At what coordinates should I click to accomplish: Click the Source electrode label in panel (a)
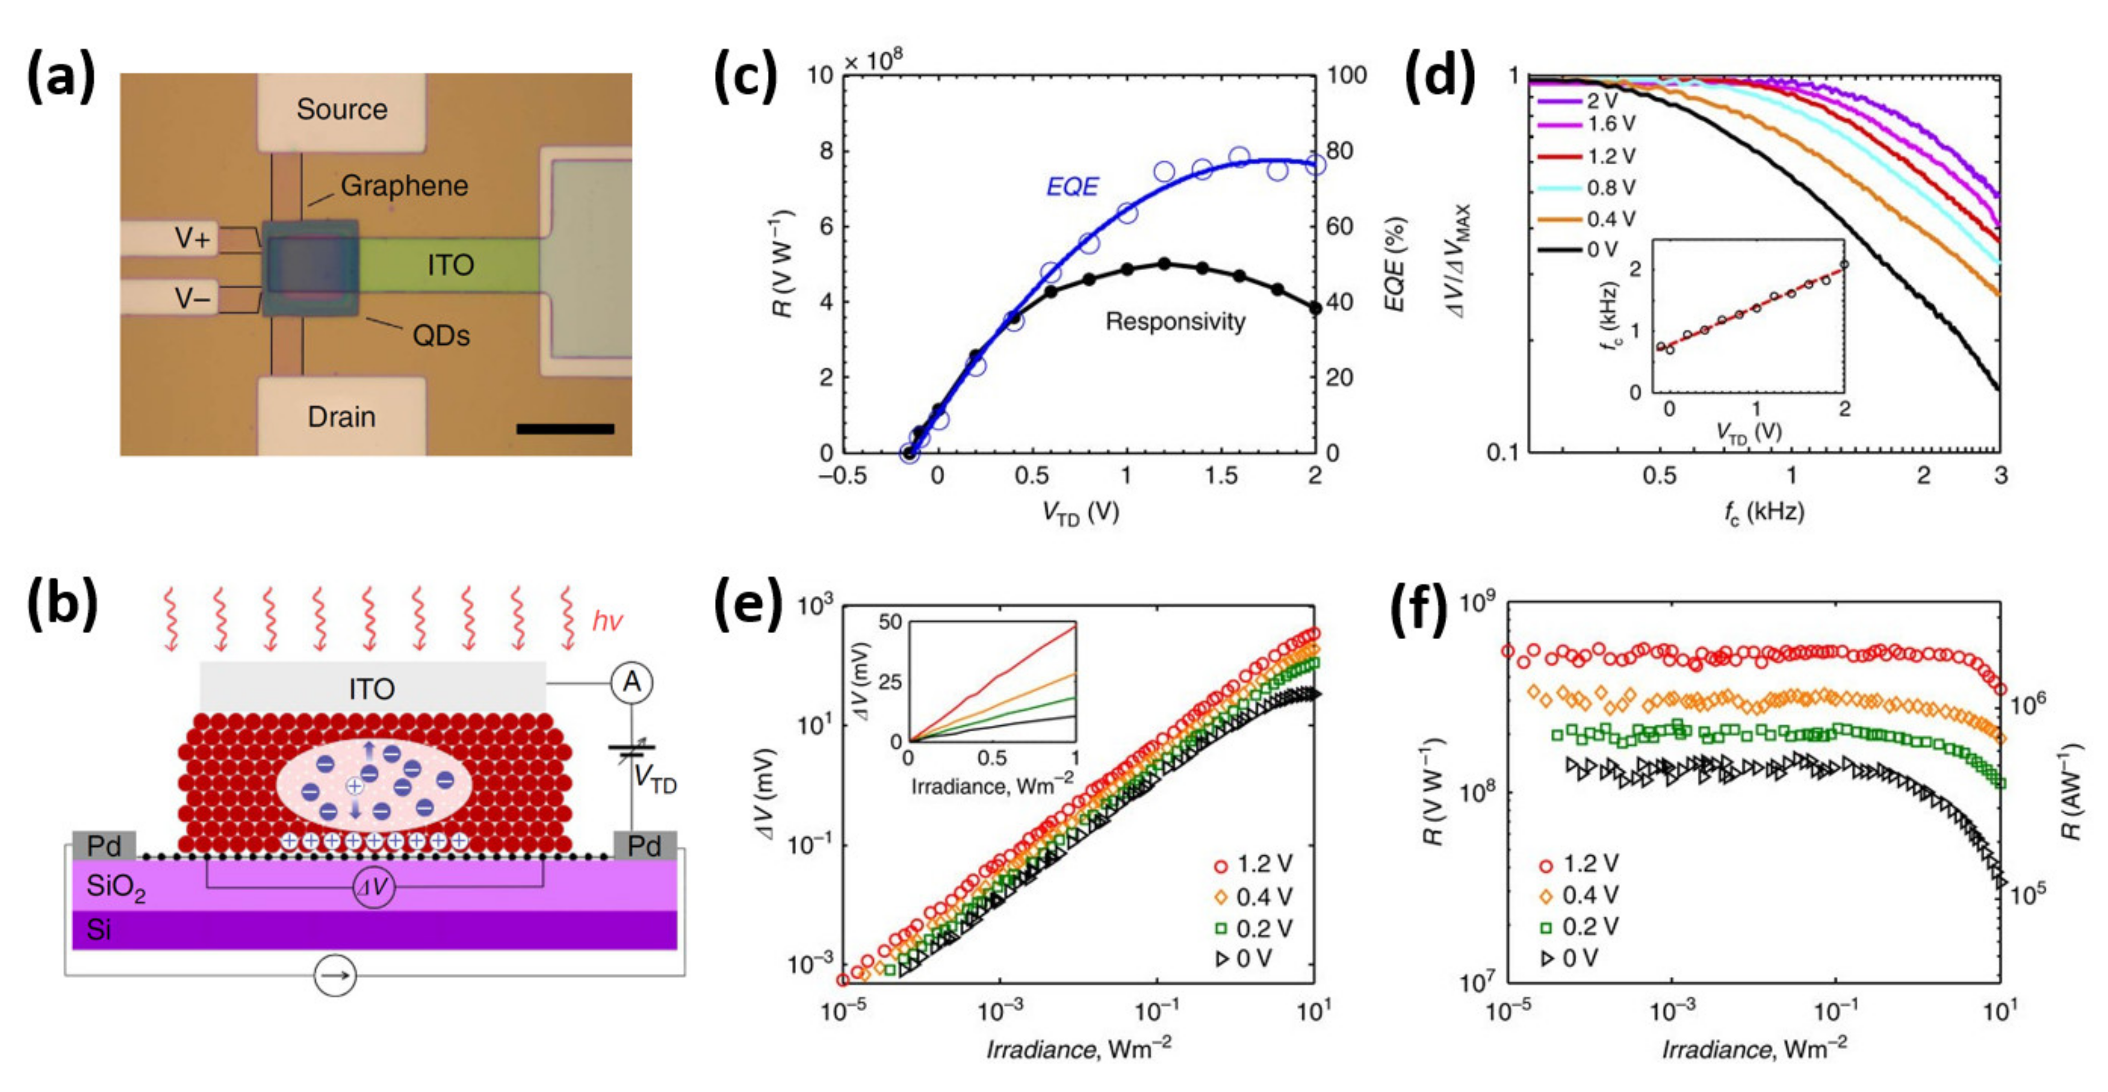(341, 109)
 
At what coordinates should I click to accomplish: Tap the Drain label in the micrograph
(341, 416)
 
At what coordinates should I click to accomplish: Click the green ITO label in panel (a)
(450, 264)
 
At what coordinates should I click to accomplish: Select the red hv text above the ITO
(607, 621)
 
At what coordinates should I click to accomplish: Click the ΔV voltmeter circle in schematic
(374, 888)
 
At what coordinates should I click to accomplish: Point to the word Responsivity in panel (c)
(1175, 322)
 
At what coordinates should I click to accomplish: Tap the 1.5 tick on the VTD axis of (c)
(1220, 475)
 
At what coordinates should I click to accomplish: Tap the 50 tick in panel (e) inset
(890, 622)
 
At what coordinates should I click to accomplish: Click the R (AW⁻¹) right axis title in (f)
(2071, 792)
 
